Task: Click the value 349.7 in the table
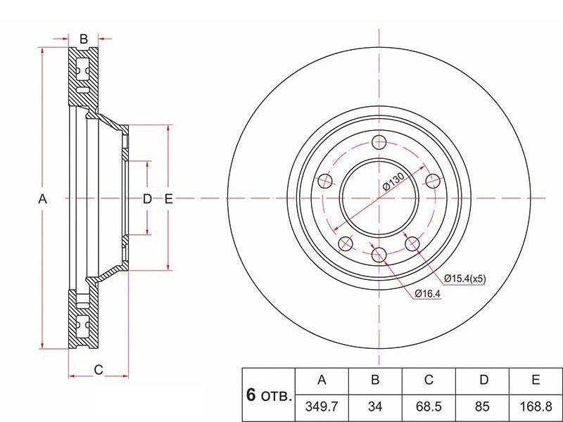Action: tap(322, 407)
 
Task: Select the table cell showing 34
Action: tap(375, 407)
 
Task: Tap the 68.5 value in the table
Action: tap(429, 407)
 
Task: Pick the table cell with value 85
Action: tap(483, 407)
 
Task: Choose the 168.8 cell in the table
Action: tap(536, 407)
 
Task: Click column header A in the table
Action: tap(322, 381)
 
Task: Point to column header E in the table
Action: tap(536, 381)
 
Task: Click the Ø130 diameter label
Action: tap(392, 184)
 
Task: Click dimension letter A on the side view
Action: tap(42, 199)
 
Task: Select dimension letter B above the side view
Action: tap(83, 39)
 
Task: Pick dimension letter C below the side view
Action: tap(99, 369)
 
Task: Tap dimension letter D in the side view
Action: tap(147, 199)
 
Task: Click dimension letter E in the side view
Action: tap(168, 199)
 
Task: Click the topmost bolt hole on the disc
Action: tap(379, 143)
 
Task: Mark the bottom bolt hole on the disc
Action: tap(379, 255)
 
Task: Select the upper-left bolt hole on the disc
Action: tap(325, 181)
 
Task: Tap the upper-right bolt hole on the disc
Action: tap(433, 181)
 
